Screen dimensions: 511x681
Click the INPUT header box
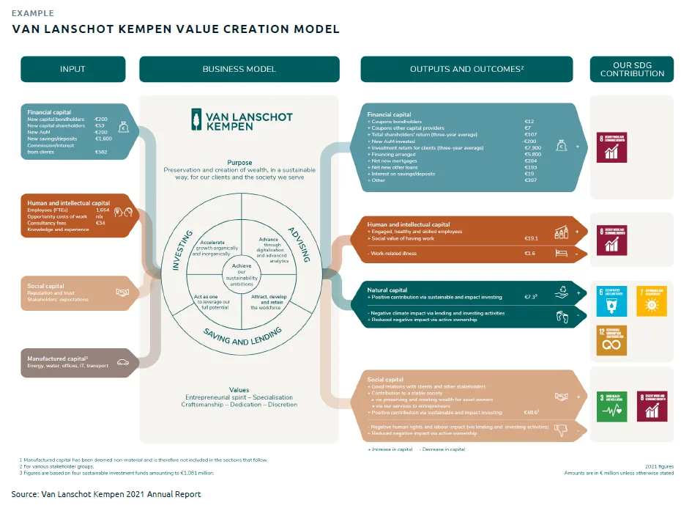click(72, 69)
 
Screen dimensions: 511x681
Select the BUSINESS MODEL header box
click(239, 69)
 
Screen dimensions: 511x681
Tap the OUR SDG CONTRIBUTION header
click(632, 69)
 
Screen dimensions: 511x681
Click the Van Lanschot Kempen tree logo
click(196, 119)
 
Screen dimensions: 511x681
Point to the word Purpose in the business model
click(239, 163)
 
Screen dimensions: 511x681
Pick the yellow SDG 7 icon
click(651, 301)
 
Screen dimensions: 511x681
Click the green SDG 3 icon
click(612, 406)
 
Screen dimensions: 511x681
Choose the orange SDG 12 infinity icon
click(612, 340)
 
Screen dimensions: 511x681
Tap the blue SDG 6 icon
click(612, 301)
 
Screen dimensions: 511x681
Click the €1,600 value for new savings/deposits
click(103, 139)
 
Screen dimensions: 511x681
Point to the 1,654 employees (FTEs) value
click(103, 210)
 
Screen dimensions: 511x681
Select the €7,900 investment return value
click(534, 148)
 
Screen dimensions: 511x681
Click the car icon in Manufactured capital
click(123, 361)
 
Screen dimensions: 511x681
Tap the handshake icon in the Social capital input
click(123, 293)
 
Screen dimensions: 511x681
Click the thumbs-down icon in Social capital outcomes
click(562, 429)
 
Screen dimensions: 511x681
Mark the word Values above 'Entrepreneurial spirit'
click(239, 390)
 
